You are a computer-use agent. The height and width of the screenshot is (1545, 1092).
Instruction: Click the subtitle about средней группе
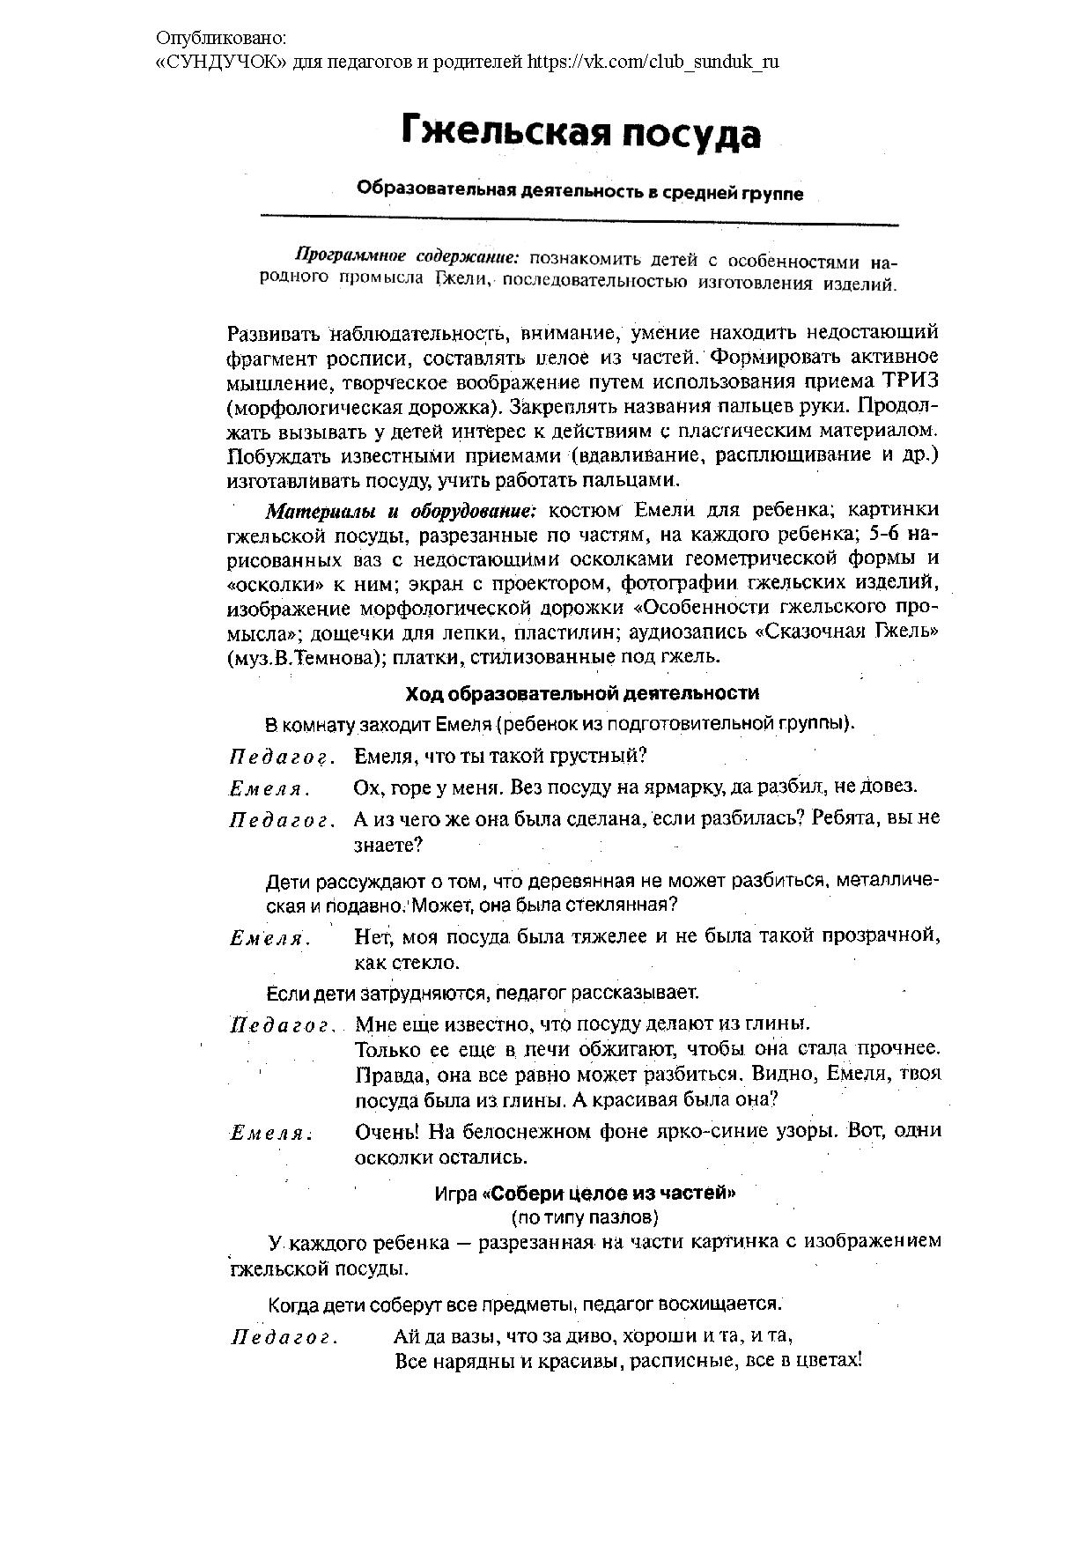click(x=579, y=191)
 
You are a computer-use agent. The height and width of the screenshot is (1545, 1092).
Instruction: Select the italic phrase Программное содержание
click(x=408, y=257)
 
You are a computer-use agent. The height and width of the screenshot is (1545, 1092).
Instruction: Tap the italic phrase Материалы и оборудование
click(x=402, y=511)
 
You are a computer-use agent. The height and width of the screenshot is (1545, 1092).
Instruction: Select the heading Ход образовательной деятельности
click(x=582, y=694)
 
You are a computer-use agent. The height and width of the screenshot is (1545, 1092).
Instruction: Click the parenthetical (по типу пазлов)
click(x=584, y=1218)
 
